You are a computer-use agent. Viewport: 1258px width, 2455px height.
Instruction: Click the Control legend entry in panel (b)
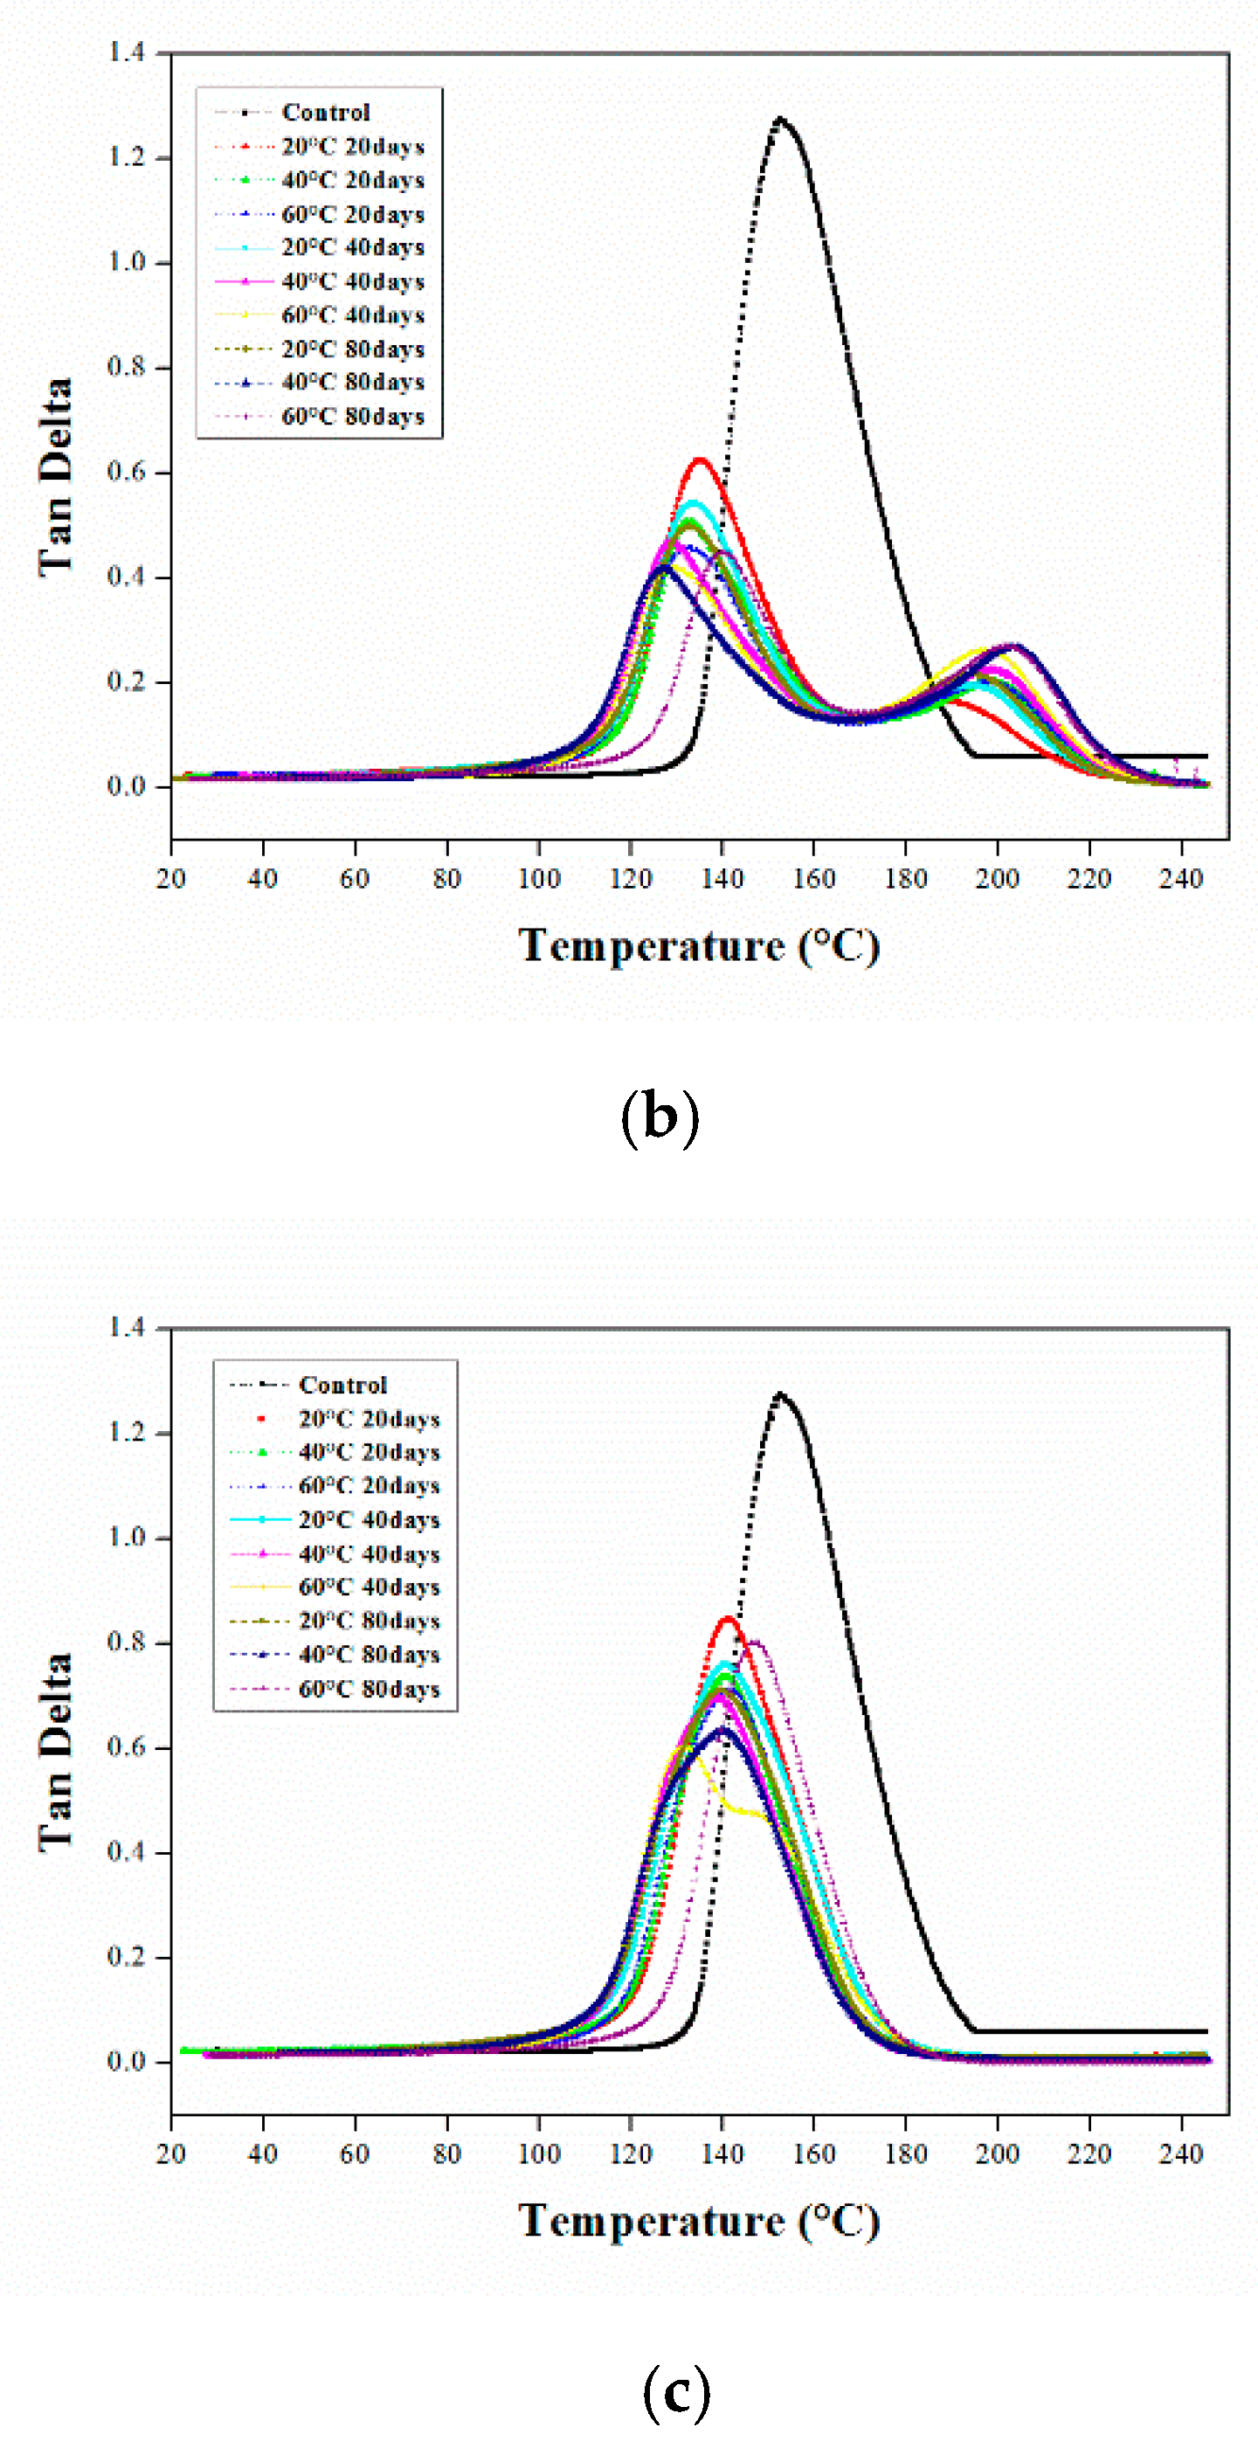(x=324, y=113)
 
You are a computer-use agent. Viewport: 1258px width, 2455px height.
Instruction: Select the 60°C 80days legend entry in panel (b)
(x=352, y=417)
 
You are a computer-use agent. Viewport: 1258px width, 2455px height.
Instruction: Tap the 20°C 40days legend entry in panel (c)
(x=368, y=1519)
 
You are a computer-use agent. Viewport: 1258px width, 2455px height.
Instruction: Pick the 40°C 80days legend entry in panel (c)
(x=368, y=1655)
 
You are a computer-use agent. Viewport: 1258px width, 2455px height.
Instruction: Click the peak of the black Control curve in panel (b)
(x=780, y=119)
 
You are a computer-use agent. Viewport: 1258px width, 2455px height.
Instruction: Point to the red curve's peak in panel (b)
(x=701, y=460)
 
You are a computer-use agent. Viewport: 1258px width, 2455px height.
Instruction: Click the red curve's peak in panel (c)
(x=728, y=1618)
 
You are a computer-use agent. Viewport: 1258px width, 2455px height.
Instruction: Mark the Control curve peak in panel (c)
(x=780, y=1394)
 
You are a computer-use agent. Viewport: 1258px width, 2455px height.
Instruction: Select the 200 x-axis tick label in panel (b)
(x=997, y=879)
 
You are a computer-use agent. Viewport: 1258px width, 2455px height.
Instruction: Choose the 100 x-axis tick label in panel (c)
(x=538, y=2153)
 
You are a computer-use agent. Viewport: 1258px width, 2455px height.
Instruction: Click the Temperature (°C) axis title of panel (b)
(x=699, y=946)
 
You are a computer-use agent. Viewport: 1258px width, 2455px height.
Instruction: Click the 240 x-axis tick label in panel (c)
(x=1180, y=2153)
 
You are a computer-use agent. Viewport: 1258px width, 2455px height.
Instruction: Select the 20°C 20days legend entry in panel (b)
(x=352, y=147)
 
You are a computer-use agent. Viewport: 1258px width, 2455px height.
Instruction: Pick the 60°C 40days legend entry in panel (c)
(x=368, y=1587)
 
